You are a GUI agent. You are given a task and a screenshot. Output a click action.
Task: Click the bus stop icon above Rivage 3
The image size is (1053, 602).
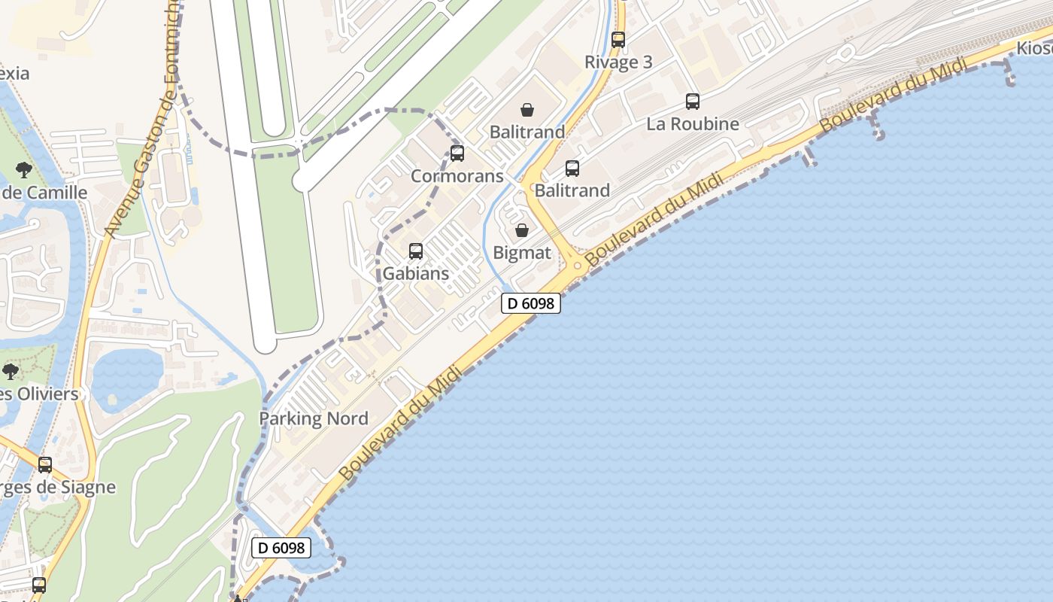click(x=618, y=40)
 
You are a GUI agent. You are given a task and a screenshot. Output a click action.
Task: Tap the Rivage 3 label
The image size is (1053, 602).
click(x=618, y=62)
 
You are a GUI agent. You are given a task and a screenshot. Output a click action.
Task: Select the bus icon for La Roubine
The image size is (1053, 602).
click(x=693, y=102)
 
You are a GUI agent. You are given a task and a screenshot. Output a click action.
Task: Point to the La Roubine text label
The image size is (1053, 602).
click(x=693, y=123)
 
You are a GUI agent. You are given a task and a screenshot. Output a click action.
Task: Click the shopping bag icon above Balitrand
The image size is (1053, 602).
click(x=527, y=110)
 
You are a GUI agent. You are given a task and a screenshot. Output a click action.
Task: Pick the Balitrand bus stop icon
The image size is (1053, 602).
click(x=572, y=169)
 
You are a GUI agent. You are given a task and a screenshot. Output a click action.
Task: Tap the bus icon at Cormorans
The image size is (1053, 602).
click(x=457, y=154)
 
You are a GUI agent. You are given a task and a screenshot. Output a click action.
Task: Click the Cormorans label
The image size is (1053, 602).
click(x=457, y=176)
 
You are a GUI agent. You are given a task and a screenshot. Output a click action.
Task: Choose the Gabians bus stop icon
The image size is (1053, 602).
click(x=416, y=251)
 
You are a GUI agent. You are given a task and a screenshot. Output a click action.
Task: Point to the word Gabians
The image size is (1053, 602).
click(x=416, y=273)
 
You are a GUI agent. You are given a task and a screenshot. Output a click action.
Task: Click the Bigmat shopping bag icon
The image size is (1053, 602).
click(x=522, y=230)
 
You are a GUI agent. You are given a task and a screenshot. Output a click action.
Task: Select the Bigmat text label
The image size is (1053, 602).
click(x=522, y=253)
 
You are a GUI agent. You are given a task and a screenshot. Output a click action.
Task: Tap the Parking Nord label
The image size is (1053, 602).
click(x=314, y=418)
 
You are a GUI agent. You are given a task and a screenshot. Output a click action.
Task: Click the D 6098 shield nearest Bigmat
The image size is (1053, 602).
click(x=531, y=303)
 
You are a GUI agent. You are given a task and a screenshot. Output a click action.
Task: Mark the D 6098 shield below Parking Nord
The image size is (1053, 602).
click(x=281, y=548)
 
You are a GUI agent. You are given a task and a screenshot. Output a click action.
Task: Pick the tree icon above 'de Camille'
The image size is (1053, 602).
click(x=23, y=169)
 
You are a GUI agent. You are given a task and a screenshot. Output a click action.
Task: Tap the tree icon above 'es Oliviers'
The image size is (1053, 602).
click(x=11, y=371)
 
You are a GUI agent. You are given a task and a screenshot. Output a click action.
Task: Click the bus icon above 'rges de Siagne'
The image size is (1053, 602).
click(x=45, y=465)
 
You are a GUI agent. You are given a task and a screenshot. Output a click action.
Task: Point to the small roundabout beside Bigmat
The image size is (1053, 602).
click(x=578, y=265)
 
